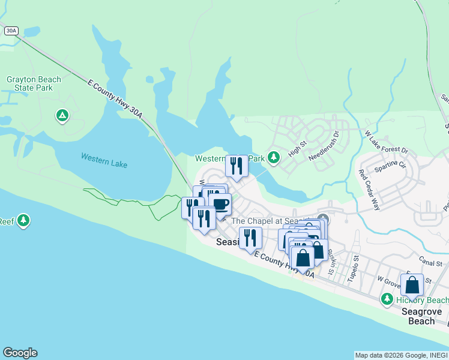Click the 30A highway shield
tap(10, 30)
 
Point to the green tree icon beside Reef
tap(23, 220)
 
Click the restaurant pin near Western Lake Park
tap(237, 166)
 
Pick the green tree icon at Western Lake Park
tap(274, 158)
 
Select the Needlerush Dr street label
tap(324, 145)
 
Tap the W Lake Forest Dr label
tap(386, 142)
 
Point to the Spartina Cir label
tap(390, 172)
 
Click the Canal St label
tap(430, 262)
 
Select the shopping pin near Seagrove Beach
tap(412, 284)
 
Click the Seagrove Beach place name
tap(421, 316)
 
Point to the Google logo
tap(20, 353)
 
